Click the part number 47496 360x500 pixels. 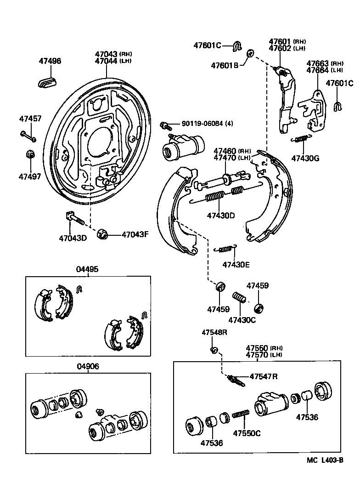50,61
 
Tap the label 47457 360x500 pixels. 30,119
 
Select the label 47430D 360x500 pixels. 220,215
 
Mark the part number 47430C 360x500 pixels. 242,320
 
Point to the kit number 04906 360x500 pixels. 87,366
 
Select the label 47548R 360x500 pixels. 215,332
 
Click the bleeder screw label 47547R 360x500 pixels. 264,376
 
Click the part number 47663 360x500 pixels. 317,63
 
